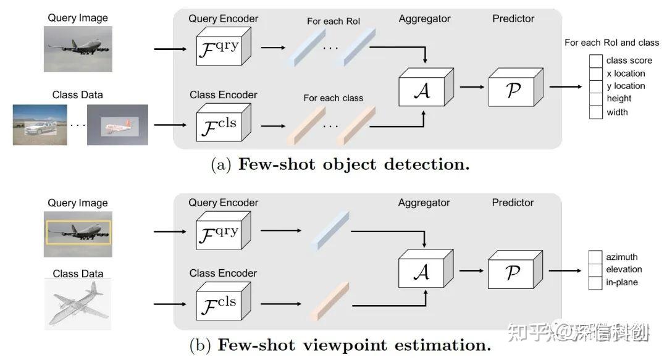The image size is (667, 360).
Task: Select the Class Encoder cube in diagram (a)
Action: (220, 122)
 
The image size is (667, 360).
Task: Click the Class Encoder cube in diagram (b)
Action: (220, 303)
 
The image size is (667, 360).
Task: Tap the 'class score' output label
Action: (629, 61)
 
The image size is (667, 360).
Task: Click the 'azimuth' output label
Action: (621, 257)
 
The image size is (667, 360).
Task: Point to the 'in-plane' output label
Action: (621, 282)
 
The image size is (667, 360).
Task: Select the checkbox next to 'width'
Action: (595, 112)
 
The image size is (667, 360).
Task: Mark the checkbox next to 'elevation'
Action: (595, 270)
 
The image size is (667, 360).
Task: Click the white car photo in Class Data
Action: (40, 125)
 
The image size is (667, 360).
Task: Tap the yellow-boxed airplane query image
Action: (78, 233)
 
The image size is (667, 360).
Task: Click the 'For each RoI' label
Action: (333, 22)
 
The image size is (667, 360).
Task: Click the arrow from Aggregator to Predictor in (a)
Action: (472, 87)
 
